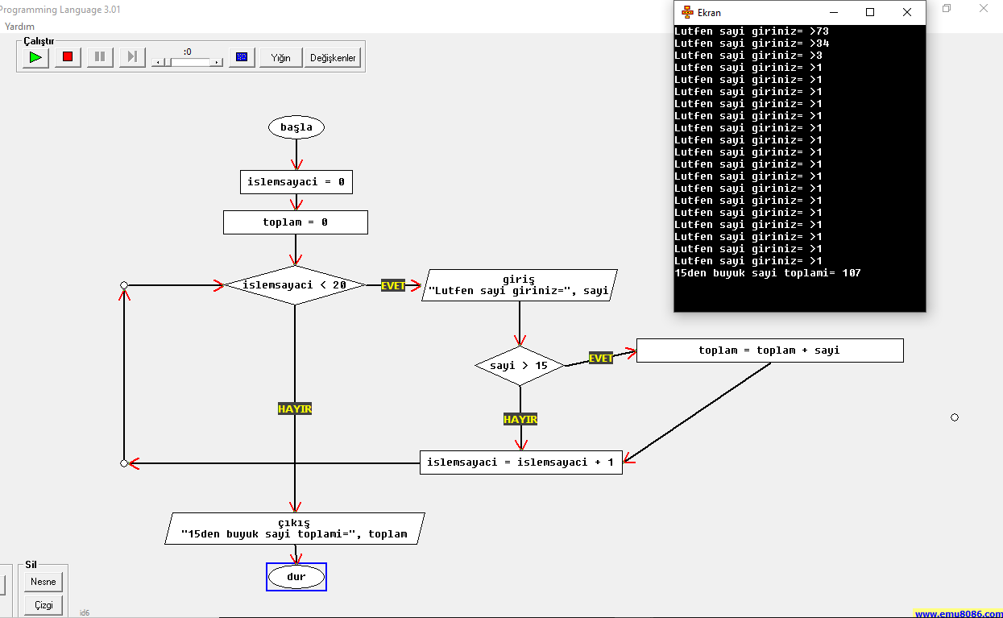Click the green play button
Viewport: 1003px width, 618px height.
tap(35, 57)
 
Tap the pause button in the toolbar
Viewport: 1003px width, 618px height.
tap(100, 57)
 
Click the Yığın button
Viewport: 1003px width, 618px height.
tap(280, 58)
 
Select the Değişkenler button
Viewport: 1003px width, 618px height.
tap(333, 58)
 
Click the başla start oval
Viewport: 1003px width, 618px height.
tap(296, 127)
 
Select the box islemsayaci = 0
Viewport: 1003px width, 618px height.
tap(296, 182)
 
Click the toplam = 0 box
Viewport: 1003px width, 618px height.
tap(296, 222)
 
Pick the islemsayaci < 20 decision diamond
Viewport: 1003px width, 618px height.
tap(295, 285)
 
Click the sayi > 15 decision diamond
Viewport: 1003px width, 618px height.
tap(520, 366)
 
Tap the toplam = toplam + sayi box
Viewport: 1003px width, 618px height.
tap(769, 350)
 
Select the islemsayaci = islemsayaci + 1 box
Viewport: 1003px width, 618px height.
tap(520, 462)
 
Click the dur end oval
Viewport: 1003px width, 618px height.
tap(296, 577)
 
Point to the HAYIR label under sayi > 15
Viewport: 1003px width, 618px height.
tap(520, 419)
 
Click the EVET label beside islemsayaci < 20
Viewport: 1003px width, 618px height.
tap(392, 285)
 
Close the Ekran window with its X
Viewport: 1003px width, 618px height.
tap(907, 13)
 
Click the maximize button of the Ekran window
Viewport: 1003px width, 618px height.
tap(870, 13)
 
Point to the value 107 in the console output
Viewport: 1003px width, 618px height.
tap(851, 272)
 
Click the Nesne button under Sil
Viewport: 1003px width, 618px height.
tap(44, 582)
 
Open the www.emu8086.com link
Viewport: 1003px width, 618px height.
tap(958, 613)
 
